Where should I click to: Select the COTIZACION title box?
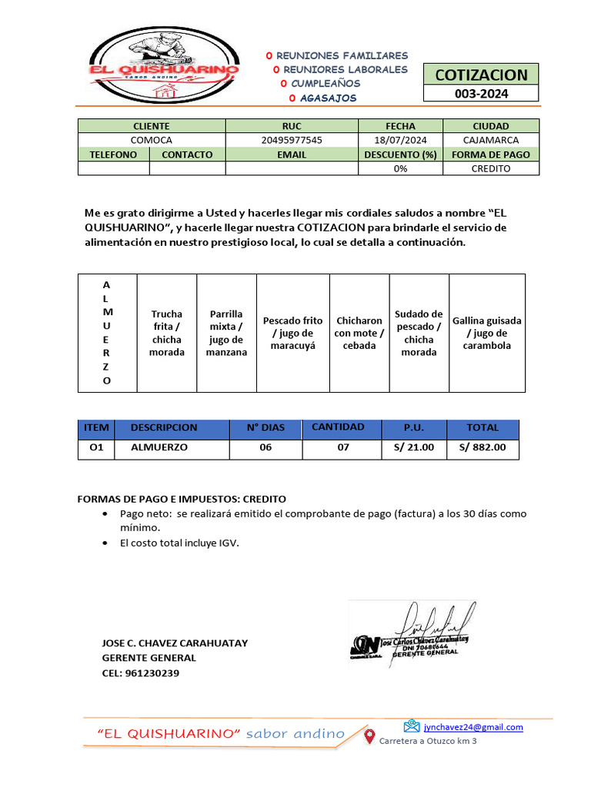[x=481, y=75]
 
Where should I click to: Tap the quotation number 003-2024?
[x=481, y=94]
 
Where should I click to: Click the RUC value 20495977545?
[x=292, y=140]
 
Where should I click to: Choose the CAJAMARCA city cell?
[x=491, y=140]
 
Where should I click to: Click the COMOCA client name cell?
[x=152, y=140]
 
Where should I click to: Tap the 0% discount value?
[x=400, y=168]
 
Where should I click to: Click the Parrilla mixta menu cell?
[x=226, y=334]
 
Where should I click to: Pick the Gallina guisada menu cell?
[x=486, y=334]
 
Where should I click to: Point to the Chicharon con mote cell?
[x=359, y=334]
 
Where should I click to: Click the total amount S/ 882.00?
[x=482, y=447]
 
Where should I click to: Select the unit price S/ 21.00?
[x=413, y=447]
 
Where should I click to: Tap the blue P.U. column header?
[x=413, y=427]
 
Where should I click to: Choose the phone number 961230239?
[x=152, y=673]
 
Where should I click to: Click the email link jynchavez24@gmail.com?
[x=472, y=727]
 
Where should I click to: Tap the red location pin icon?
[x=369, y=736]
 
